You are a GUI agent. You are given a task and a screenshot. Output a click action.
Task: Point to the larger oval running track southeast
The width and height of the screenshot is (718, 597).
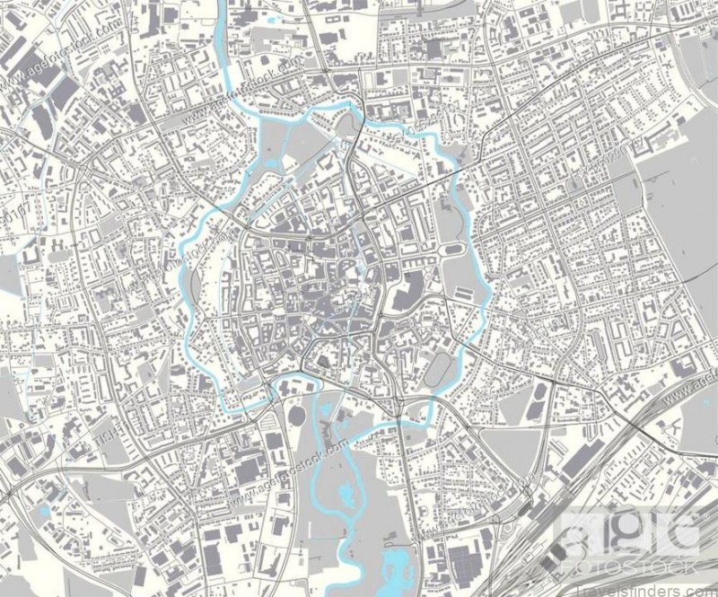[439, 368]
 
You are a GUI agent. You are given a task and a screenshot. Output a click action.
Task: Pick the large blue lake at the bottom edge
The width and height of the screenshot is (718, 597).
[395, 566]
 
